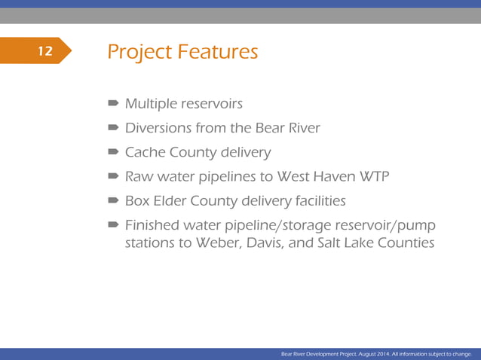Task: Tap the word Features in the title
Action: tap(218, 52)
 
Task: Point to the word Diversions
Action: tap(158, 128)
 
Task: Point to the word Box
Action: tap(138, 201)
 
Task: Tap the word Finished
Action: tap(151, 225)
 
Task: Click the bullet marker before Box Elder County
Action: tap(112, 201)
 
